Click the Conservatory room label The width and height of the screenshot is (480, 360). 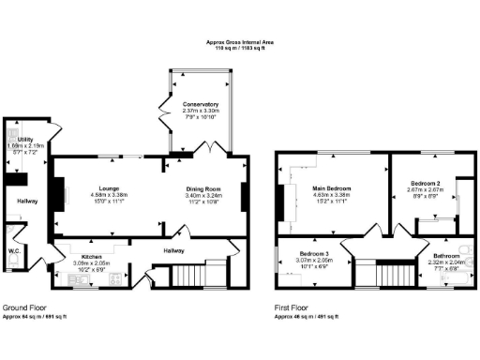[x=201, y=104]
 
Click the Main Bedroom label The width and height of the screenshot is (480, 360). [x=330, y=188]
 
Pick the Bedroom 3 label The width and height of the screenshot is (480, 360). [x=314, y=254]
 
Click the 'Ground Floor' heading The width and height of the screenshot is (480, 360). [x=26, y=307]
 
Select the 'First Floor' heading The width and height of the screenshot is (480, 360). [x=295, y=307]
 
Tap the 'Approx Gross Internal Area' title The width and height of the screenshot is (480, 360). [x=240, y=42]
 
